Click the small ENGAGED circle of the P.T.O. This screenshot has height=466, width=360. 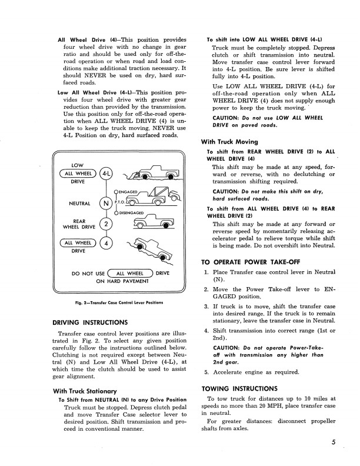(116, 192)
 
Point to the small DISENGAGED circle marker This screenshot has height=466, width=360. (116, 212)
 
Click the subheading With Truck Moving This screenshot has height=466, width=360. (229, 142)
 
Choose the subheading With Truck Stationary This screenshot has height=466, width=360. (84, 391)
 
